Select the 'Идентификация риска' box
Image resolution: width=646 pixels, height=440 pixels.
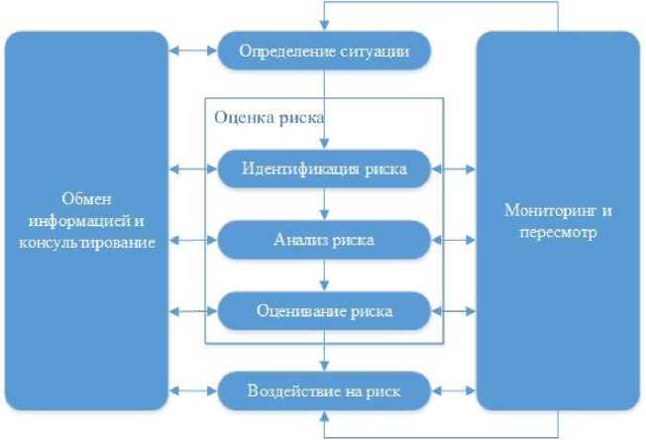324,168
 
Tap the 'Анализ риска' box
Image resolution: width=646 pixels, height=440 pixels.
324,240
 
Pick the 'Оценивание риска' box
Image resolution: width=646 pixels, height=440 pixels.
324,311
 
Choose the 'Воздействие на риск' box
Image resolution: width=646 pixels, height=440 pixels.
324,390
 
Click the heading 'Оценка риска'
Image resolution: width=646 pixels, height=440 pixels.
269,115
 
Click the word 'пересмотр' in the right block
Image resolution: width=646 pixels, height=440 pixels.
558,230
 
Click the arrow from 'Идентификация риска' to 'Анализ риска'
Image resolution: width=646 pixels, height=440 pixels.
324,204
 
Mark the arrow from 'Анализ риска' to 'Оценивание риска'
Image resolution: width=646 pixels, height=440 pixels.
324,275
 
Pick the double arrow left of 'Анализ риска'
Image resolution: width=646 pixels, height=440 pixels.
191,241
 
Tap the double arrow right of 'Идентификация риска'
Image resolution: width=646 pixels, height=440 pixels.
455,169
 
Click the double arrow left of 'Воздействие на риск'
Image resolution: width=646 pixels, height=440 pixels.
191,390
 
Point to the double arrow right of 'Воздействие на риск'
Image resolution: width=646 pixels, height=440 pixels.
455,390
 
